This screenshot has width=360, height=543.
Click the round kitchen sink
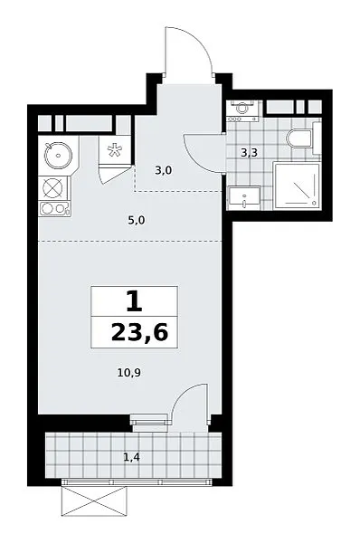(58, 155)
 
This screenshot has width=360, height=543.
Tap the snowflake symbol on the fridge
(114, 150)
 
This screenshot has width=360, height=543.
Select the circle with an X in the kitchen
(52, 189)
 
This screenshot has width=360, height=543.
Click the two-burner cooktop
(54, 209)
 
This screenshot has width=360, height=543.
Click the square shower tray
(297, 186)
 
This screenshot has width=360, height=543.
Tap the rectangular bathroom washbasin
(244, 197)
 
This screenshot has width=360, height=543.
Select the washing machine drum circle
(242, 108)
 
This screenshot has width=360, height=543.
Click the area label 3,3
(250, 152)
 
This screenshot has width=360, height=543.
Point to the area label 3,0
(164, 170)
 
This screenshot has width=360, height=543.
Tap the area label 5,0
(136, 220)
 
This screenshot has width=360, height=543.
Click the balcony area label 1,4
(132, 457)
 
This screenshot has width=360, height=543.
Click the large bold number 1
(134, 300)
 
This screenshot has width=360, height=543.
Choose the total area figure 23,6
(140, 333)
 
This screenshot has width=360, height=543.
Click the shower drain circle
(314, 203)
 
